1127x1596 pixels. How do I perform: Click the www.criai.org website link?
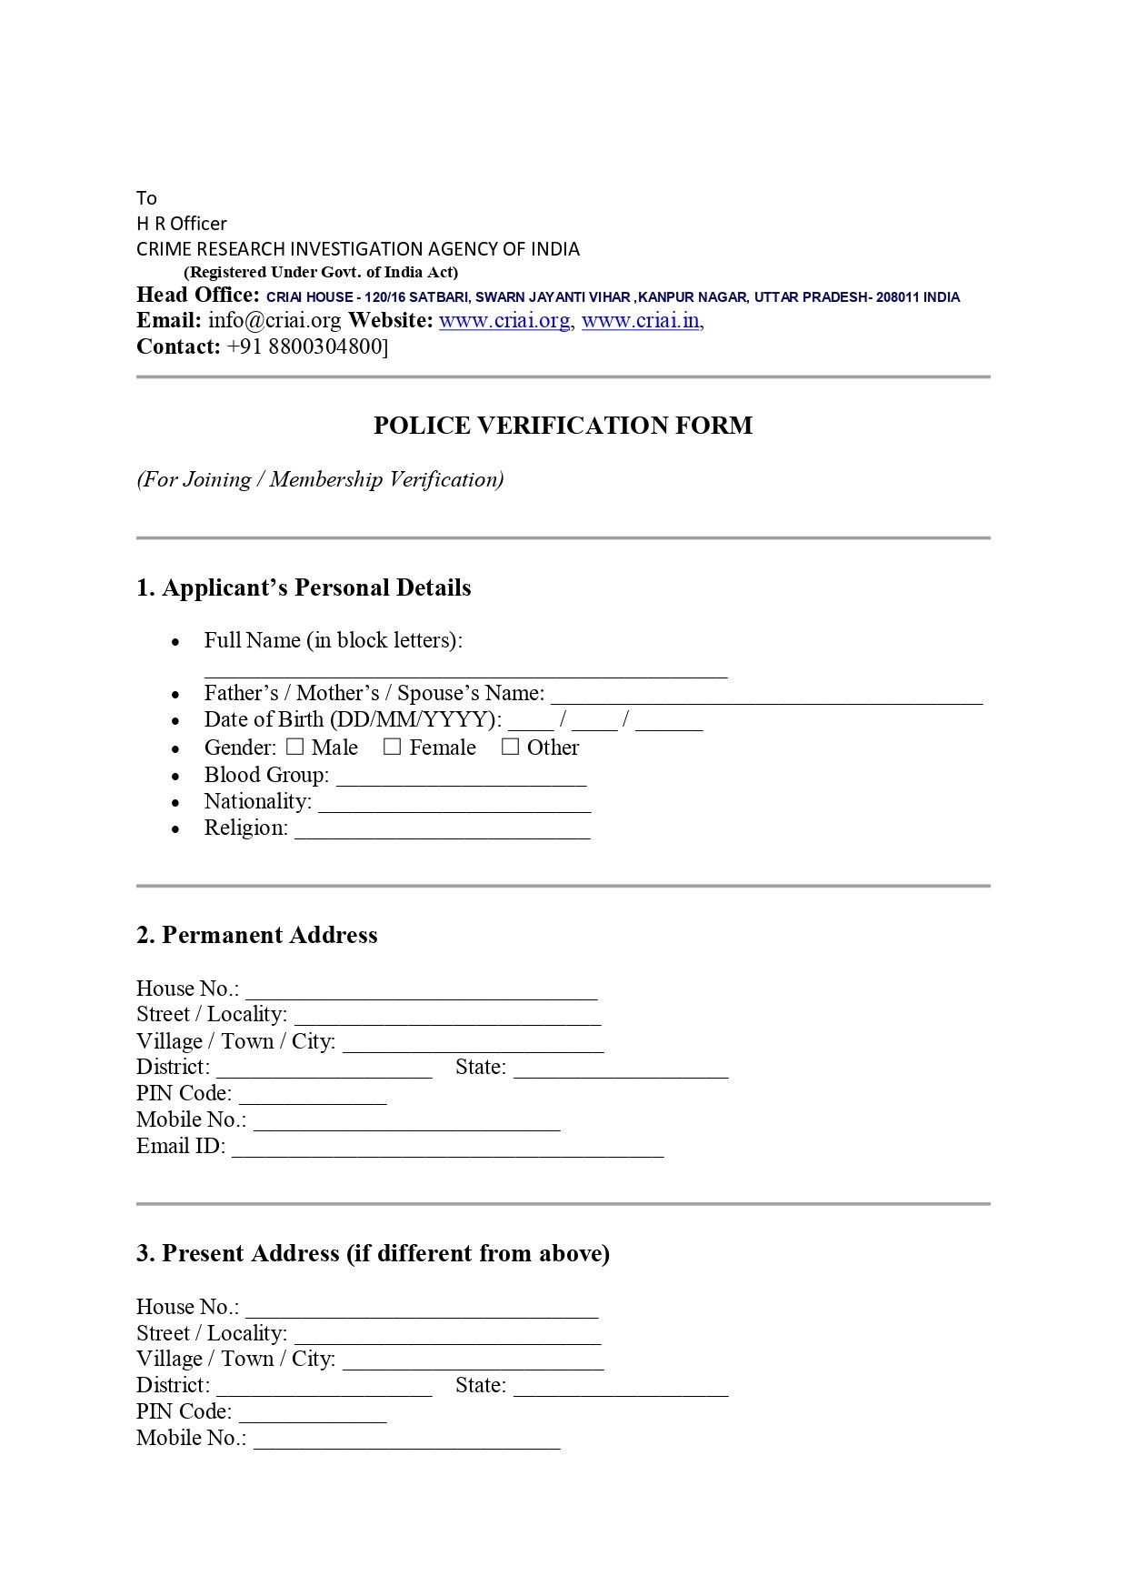click(x=504, y=321)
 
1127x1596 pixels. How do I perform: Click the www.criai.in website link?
click(x=641, y=321)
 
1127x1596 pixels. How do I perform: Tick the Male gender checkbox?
click(x=295, y=747)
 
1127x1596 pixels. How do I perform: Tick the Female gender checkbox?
click(x=393, y=747)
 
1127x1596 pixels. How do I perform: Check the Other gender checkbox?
click(x=511, y=747)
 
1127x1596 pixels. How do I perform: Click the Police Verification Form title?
click(x=563, y=426)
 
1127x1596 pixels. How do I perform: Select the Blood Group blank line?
click(x=461, y=779)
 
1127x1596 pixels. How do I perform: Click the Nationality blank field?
click(x=454, y=806)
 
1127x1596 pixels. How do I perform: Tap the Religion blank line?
click(x=442, y=832)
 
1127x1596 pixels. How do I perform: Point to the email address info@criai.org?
click(x=274, y=321)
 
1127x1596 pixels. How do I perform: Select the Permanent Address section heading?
click(x=256, y=936)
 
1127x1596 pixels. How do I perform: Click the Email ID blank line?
click(x=447, y=1150)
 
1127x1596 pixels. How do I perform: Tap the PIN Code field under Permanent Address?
click(x=313, y=1098)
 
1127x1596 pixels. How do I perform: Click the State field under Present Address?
click(x=620, y=1390)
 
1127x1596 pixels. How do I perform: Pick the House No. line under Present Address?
click(x=422, y=1311)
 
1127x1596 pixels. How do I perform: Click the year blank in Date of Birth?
click(x=669, y=724)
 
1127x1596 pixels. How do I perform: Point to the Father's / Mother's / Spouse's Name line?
click(x=766, y=698)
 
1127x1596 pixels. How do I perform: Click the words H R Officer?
click(x=182, y=224)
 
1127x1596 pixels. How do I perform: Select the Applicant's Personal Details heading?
click(x=304, y=588)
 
